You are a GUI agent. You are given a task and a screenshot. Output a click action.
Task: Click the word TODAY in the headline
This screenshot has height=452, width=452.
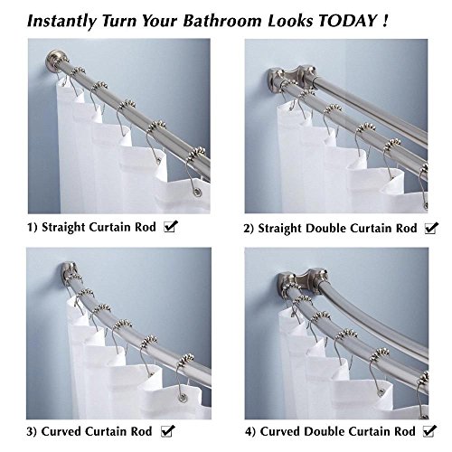(x=347, y=21)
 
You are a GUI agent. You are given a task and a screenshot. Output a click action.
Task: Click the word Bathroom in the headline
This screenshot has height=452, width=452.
(x=222, y=21)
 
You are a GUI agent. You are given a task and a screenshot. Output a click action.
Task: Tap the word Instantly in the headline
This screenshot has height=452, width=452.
(x=61, y=22)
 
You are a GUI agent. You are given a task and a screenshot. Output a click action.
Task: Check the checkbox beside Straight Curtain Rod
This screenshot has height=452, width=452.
(x=171, y=227)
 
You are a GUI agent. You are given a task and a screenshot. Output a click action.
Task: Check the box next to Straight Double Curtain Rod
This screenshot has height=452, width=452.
(x=431, y=228)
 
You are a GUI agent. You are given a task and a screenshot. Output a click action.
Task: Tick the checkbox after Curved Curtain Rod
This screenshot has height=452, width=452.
(x=167, y=431)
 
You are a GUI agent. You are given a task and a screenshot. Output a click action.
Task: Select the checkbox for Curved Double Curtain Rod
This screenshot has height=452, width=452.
(x=429, y=431)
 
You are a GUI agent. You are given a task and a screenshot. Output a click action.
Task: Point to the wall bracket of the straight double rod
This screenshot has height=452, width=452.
(x=292, y=77)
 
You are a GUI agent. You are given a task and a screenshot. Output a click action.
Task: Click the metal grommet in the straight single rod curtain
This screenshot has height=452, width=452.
(x=197, y=192)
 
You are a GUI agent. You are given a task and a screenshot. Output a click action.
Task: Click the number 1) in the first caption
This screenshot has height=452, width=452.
(x=33, y=227)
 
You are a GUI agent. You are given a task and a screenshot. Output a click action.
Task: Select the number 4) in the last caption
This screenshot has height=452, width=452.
(x=250, y=431)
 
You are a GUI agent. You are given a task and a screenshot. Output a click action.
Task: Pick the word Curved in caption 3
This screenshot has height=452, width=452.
(x=61, y=431)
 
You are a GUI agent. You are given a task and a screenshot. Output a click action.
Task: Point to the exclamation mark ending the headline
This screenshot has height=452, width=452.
(x=385, y=21)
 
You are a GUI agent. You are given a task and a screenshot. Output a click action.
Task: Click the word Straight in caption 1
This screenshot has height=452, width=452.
(x=63, y=228)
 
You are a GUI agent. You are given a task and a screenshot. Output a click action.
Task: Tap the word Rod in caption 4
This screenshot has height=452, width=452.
(x=405, y=431)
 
